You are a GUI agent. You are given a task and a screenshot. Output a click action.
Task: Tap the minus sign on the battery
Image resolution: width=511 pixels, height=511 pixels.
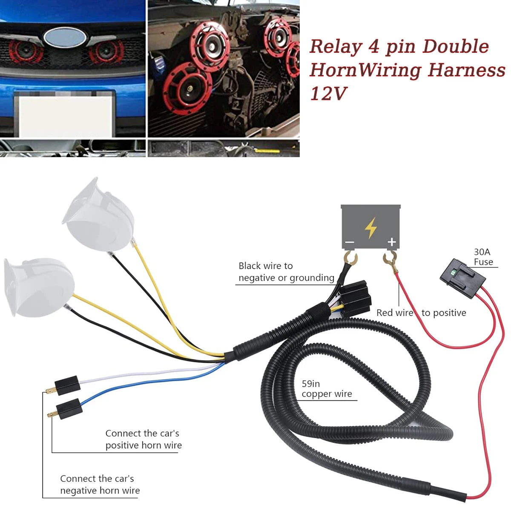[350, 243]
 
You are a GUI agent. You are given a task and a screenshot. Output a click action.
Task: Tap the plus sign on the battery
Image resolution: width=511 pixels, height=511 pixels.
[392, 242]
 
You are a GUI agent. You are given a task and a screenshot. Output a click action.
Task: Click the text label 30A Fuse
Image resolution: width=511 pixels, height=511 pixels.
[483, 257]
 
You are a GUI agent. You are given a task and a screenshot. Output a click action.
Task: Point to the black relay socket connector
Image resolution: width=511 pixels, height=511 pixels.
[353, 298]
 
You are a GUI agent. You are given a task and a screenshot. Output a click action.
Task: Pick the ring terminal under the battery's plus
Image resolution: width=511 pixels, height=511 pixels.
[389, 258]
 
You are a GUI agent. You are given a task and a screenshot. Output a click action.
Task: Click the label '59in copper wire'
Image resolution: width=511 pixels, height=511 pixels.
[327, 389]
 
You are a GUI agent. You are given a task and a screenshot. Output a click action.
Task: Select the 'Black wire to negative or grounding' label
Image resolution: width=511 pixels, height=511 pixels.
[286, 272]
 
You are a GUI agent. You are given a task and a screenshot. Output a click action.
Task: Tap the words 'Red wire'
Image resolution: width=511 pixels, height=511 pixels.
[395, 313]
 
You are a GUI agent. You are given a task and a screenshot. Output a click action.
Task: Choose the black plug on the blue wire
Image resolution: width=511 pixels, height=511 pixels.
[70, 408]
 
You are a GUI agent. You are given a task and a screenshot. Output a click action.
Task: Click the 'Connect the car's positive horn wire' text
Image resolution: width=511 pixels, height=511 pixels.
[143, 439]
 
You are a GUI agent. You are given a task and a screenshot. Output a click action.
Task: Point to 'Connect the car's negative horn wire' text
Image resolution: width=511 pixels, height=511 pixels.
[100, 484]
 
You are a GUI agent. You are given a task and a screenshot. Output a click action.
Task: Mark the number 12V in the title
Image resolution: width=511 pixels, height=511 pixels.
[328, 93]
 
